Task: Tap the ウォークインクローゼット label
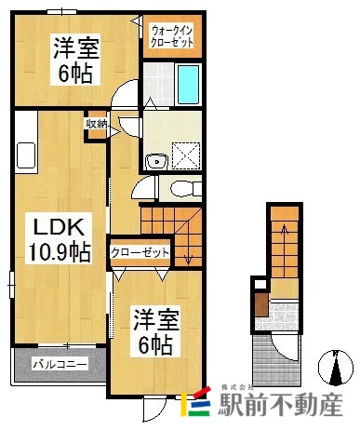pyautogui.click(x=171, y=36)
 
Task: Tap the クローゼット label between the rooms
pyautogui.click(x=140, y=252)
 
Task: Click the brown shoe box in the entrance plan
pyautogui.click(x=262, y=305)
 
